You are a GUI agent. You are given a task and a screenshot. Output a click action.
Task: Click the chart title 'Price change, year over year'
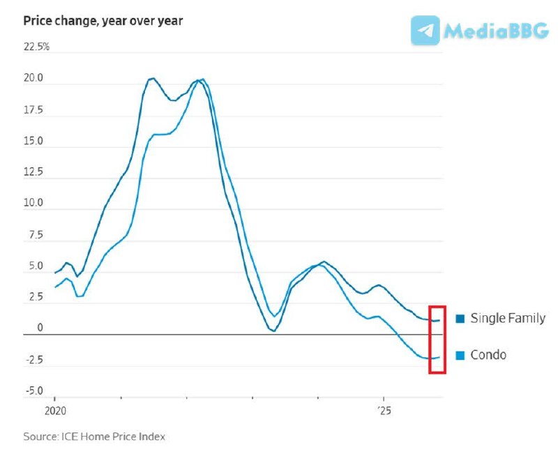[x=103, y=20]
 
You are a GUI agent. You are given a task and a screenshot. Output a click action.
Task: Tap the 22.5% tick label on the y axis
[x=37, y=47]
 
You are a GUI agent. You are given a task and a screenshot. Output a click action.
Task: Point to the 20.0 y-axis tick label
[x=33, y=78]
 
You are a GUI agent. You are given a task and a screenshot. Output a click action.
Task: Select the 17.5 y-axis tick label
[x=33, y=109]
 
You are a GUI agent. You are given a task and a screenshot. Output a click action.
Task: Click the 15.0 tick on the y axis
[x=33, y=141]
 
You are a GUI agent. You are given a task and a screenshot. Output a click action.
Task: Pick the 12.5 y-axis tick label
[x=33, y=172]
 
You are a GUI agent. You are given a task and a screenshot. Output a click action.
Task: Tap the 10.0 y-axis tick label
[x=33, y=204]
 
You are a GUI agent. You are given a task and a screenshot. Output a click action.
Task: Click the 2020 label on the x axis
[x=54, y=410]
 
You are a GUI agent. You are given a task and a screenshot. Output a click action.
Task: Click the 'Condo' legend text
[x=488, y=355]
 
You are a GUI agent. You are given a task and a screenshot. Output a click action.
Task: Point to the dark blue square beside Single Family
[x=460, y=319]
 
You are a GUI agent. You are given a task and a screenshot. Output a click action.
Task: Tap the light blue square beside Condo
[x=460, y=356]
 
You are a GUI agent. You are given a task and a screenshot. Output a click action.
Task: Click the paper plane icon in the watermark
[x=425, y=31]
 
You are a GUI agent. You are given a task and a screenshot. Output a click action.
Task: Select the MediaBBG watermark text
[x=497, y=31]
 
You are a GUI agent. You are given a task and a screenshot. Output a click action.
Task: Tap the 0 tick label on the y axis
[x=40, y=328]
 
